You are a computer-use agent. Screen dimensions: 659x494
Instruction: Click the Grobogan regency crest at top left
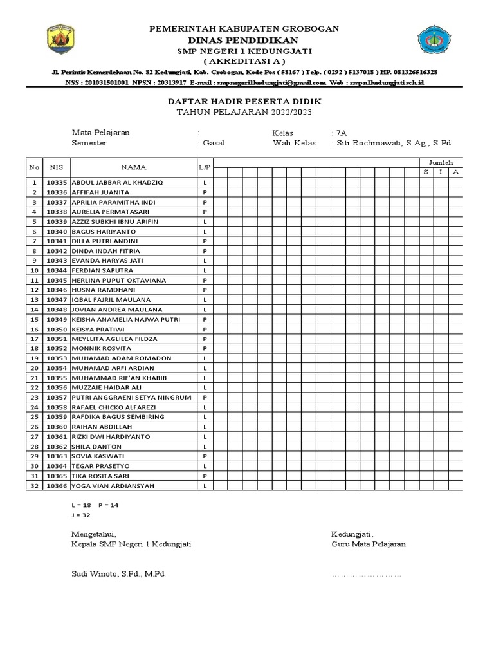pyautogui.click(x=60, y=40)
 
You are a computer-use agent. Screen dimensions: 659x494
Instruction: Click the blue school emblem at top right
pyautogui.click(x=435, y=40)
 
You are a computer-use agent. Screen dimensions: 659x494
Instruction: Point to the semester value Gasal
pyautogui.click(x=213, y=143)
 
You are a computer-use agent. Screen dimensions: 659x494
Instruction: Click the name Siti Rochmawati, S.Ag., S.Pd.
pyautogui.click(x=394, y=143)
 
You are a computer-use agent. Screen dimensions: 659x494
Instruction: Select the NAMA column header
pyautogui.click(x=133, y=167)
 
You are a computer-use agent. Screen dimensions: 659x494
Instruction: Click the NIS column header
pyautogui.click(x=56, y=167)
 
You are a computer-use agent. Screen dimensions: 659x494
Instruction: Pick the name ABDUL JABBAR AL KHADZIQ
pyautogui.click(x=117, y=183)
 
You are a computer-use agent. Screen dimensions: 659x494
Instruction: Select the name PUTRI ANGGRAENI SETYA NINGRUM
pyautogui.click(x=131, y=398)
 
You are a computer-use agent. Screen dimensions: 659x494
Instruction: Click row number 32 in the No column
pyautogui.click(x=34, y=486)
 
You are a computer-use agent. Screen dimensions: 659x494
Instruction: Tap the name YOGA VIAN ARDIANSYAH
pyautogui.click(x=112, y=486)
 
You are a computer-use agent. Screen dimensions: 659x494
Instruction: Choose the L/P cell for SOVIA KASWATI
pyautogui.click(x=205, y=456)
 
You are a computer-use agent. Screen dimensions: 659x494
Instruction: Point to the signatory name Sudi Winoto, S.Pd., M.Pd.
pyautogui.click(x=119, y=573)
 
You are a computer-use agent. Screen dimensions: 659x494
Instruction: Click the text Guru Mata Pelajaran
pyautogui.click(x=369, y=544)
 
